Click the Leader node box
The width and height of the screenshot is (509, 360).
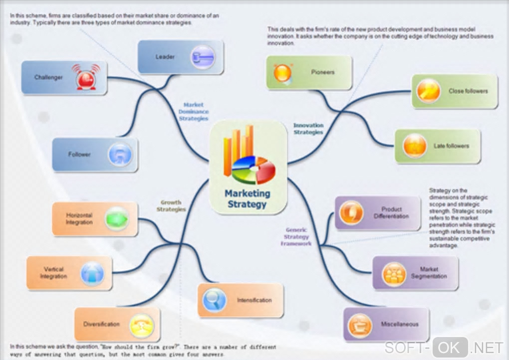point(180,57)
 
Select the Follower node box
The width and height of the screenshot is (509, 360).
point(95,155)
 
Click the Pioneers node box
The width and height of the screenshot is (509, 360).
point(309,72)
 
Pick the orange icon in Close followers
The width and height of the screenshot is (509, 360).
point(429,91)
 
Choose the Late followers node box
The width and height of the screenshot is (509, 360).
point(438,146)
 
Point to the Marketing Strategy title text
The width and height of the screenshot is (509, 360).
point(247,198)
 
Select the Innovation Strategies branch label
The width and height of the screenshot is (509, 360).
point(308,129)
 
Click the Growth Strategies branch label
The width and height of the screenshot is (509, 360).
point(171,206)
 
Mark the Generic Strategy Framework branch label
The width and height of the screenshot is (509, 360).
point(296,237)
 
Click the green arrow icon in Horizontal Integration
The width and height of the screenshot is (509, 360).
point(117,219)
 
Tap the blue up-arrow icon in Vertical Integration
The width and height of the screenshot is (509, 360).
point(92,273)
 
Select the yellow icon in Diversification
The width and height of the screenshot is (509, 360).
point(141,325)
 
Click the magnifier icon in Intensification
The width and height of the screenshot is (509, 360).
point(215,300)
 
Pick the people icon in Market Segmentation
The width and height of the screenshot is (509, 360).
point(394,274)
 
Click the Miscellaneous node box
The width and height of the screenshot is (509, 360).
point(386,324)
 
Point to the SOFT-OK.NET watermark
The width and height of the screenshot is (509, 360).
point(444,347)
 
